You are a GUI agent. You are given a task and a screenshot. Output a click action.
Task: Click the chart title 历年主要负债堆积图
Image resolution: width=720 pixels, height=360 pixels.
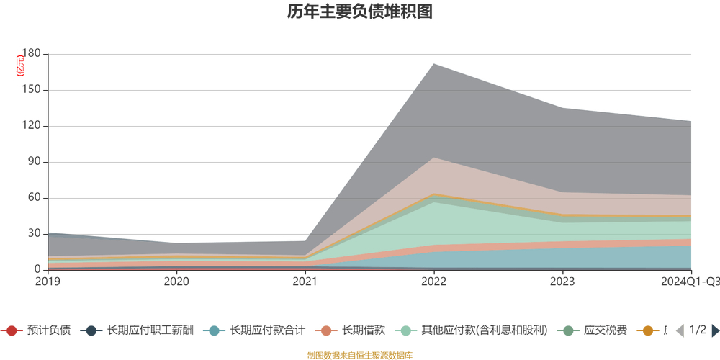click(x=359, y=12)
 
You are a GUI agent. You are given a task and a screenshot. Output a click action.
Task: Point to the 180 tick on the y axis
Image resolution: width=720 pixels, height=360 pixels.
click(x=31, y=54)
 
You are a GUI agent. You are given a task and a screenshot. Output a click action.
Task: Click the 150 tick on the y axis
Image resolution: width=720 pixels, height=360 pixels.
click(x=31, y=90)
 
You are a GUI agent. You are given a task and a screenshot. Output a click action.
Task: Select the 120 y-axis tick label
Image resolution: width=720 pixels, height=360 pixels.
click(x=31, y=126)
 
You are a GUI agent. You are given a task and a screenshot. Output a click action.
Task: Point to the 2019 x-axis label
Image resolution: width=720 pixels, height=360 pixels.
click(x=48, y=282)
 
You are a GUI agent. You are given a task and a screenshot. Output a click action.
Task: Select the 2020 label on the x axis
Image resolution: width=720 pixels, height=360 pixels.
click(x=176, y=282)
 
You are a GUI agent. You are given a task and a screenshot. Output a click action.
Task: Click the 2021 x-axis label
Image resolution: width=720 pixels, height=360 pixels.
click(x=305, y=282)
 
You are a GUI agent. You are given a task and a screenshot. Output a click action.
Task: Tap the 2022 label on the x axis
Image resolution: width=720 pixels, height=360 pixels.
click(x=433, y=282)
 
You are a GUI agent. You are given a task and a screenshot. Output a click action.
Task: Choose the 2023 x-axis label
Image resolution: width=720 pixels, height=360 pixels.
click(x=562, y=282)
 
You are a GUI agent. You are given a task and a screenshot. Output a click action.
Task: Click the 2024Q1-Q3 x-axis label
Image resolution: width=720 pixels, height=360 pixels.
click(x=688, y=282)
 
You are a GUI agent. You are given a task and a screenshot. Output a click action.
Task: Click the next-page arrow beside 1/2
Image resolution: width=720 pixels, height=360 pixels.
click(x=715, y=330)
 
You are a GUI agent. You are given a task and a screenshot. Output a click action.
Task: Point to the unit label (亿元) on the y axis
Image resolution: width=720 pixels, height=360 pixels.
click(x=21, y=66)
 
